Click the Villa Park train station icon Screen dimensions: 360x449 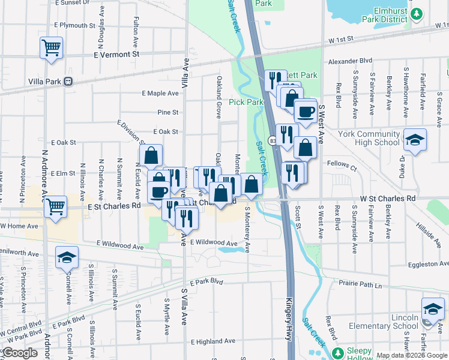coord(69,81)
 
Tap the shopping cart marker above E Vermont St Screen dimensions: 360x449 coord(52,47)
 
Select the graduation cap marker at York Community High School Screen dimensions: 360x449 coord(415,141)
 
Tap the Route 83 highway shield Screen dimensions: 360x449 coord(273,140)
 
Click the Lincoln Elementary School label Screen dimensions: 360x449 coord(384,322)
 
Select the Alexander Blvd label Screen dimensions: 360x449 coord(350,61)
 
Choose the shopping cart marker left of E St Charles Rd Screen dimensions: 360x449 coord(55,207)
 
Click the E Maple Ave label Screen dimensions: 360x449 coord(160,93)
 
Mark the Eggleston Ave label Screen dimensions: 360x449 coord(426,264)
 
